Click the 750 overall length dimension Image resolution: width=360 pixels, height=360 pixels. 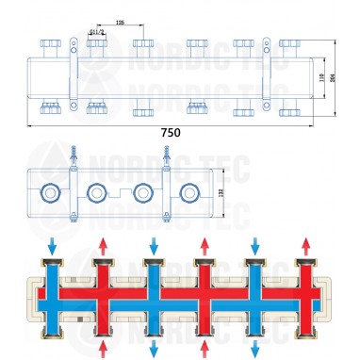(170, 133)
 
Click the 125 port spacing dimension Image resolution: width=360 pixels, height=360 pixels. (120, 21)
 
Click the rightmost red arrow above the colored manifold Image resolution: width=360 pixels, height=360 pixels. (303, 246)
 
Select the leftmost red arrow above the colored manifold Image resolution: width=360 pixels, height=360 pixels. (101, 246)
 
